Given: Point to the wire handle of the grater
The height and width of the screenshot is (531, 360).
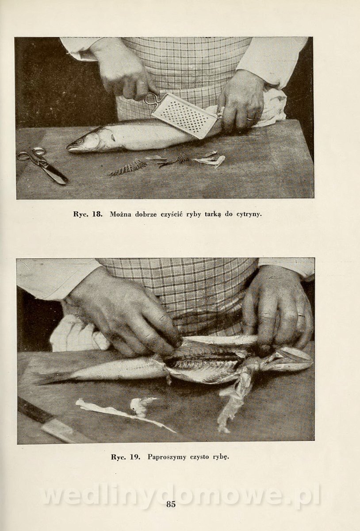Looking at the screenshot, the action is coord(152,99).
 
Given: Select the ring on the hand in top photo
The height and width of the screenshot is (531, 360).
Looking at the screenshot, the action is coord(249,119).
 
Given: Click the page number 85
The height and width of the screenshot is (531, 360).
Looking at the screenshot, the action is coord(171,511).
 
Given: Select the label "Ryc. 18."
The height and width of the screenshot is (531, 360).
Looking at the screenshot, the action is coord(88,214).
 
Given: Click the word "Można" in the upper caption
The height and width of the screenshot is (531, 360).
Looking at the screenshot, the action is coord(120,214).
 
